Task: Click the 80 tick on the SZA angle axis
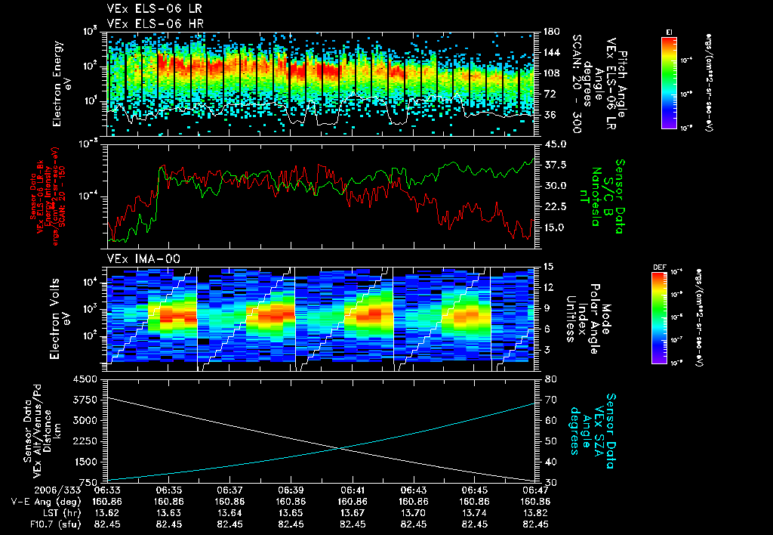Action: [550, 379]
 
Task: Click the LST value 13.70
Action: [414, 512]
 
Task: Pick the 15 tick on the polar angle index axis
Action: [549, 267]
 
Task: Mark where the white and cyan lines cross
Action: [340, 448]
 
